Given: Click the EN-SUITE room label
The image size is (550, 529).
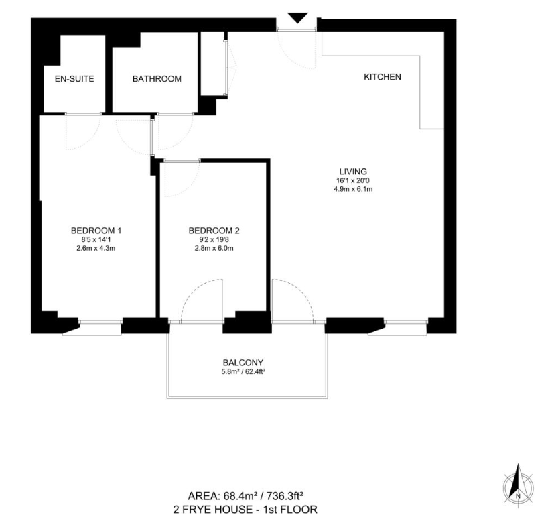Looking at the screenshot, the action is click(x=74, y=79).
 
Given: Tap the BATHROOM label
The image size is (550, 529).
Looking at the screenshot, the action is click(x=157, y=79).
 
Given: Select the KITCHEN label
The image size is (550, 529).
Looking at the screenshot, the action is click(x=383, y=77).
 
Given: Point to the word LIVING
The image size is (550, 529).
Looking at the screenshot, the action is click(x=353, y=171).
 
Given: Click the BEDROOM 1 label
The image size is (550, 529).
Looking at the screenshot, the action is click(x=96, y=231).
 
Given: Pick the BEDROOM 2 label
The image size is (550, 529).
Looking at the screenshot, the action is click(x=214, y=231).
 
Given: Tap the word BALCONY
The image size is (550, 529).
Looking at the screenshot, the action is click(x=243, y=363).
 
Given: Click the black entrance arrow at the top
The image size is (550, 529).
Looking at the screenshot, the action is click(x=297, y=17).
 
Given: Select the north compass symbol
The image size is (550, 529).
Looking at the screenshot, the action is click(x=518, y=486).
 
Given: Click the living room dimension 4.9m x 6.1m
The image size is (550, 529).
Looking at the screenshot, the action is click(x=353, y=189).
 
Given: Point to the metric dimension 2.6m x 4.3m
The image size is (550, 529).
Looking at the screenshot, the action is click(x=96, y=249).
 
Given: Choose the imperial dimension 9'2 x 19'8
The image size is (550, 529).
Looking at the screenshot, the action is click(x=214, y=240).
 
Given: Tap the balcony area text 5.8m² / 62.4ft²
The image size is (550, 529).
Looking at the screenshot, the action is click(x=243, y=371).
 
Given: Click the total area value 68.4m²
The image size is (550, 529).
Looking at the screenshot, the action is click(x=240, y=496).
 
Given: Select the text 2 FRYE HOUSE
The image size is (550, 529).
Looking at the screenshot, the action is click(x=212, y=509).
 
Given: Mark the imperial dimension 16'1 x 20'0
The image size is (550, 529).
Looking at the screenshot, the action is click(x=353, y=180).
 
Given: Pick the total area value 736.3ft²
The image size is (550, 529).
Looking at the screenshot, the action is click(x=285, y=496).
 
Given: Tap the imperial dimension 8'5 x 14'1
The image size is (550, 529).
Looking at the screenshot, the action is click(x=96, y=240).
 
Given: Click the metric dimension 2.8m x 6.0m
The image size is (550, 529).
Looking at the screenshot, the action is click(x=214, y=249).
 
